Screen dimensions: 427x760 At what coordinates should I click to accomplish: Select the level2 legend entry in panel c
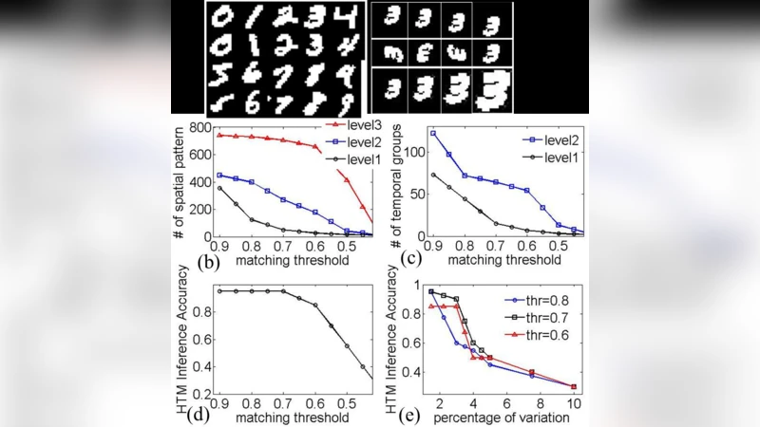(x=545, y=139)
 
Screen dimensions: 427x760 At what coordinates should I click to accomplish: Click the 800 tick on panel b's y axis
(x=199, y=128)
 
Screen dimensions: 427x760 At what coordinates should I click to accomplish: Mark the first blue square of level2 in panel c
(x=433, y=133)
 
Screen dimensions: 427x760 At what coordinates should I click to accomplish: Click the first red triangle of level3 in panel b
(x=219, y=135)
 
